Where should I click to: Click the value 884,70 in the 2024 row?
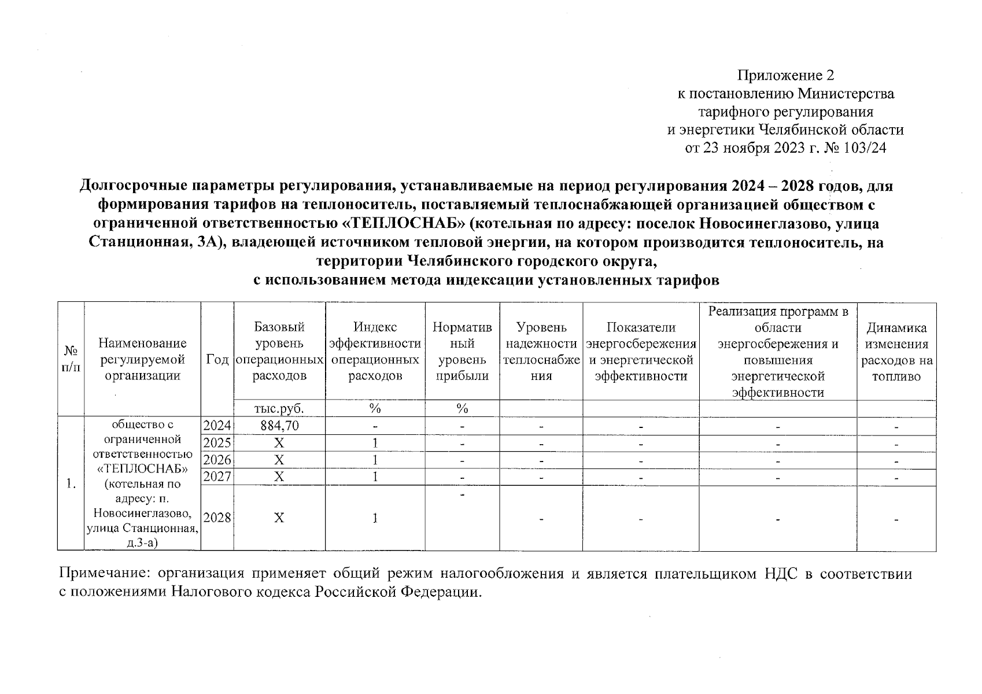pyautogui.click(x=279, y=426)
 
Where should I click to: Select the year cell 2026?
pyautogui.click(x=217, y=460)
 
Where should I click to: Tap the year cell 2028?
pyautogui.click(x=217, y=518)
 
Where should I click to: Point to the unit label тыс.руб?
pyautogui.click(x=279, y=409)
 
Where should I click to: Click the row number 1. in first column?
pyautogui.click(x=71, y=484)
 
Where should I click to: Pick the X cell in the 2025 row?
pyautogui.click(x=279, y=444)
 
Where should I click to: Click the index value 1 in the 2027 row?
pyautogui.click(x=375, y=477)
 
